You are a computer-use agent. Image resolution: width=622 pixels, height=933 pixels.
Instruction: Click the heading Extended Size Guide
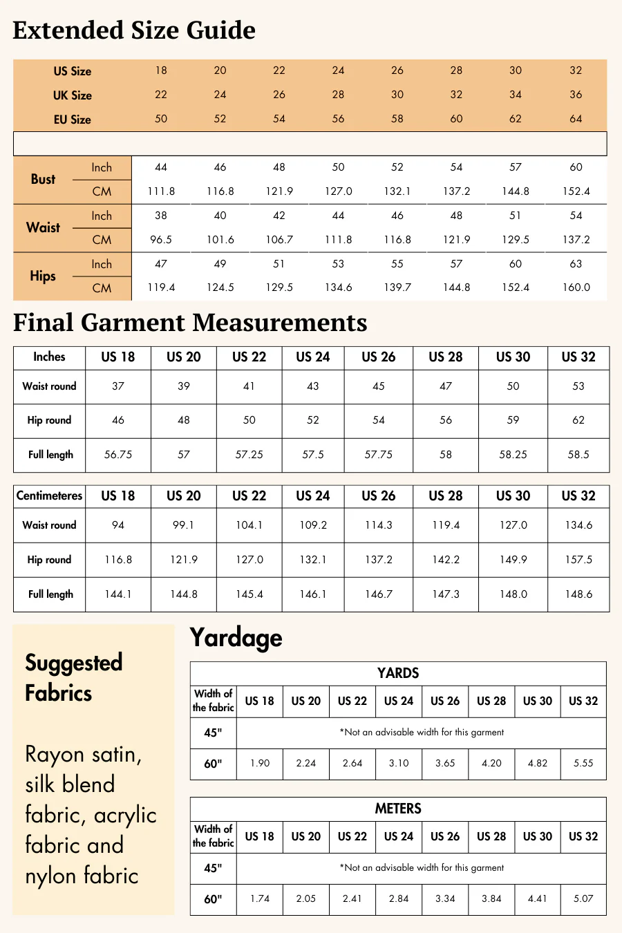click(x=134, y=30)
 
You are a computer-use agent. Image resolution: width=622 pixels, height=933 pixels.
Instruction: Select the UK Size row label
click(x=72, y=95)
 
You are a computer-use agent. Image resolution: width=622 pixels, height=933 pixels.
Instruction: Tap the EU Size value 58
click(x=397, y=119)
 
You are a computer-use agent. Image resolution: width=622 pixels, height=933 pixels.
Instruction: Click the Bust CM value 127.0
click(x=338, y=191)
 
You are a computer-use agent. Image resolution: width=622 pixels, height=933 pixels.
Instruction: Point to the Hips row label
click(x=43, y=276)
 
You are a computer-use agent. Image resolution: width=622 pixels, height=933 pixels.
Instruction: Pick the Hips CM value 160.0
click(x=576, y=288)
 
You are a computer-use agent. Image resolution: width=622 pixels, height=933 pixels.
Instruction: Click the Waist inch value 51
click(x=516, y=216)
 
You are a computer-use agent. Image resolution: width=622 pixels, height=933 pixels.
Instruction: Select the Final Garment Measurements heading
click(x=190, y=323)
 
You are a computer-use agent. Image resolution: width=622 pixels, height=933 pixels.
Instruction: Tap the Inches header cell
click(x=49, y=357)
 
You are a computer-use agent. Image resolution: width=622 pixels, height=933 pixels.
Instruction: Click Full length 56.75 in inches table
click(x=118, y=455)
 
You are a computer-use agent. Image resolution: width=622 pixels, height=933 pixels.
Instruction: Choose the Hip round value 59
click(x=513, y=420)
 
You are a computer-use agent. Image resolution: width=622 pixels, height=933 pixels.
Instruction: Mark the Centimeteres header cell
click(x=49, y=496)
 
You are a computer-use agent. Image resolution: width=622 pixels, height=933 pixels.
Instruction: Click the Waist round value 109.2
click(x=313, y=525)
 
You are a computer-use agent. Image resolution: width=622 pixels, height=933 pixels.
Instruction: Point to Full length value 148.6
click(x=578, y=594)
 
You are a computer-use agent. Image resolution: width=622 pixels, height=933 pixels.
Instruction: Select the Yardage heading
click(x=236, y=637)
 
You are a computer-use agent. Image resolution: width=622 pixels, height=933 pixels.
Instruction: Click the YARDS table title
click(x=398, y=673)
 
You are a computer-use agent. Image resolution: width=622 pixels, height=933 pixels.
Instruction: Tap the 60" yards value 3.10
click(x=399, y=764)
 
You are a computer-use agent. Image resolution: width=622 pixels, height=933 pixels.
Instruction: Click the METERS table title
click(x=398, y=809)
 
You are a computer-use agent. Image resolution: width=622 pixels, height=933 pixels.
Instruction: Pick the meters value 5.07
click(x=583, y=899)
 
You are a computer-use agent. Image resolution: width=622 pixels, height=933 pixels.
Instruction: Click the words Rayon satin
click(x=83, y=754)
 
